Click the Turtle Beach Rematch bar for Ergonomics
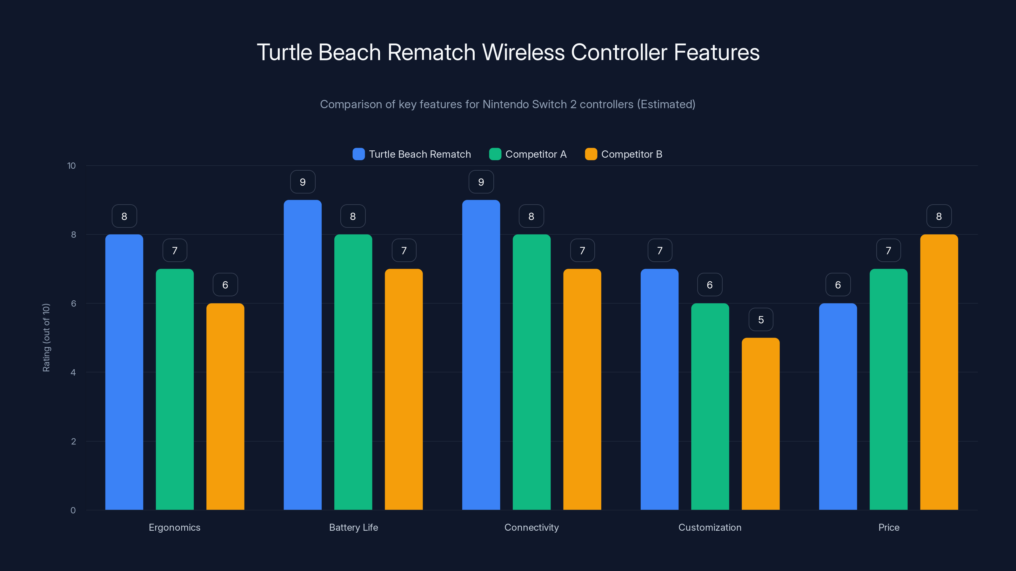tap(124, 372)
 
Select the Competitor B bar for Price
tap(939, 372)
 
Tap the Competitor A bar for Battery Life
tap(353, 372)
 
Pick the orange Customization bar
tap(760, 423)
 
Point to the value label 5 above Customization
tap(761, 319)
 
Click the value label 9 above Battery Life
tap(303, 182)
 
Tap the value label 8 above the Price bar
tap(939, 216)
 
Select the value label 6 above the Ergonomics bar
tap(225, 285)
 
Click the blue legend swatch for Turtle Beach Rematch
tap(358, 154)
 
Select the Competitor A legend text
tap(536, 154)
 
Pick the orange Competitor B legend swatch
tap(591, 154)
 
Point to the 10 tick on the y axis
tap(71, 166)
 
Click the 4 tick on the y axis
tap(73, 372)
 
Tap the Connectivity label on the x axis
tap(531, 527)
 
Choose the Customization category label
tap(710, 527)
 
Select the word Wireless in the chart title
tap(523, 52)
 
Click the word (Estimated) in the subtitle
tap(666, 104)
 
